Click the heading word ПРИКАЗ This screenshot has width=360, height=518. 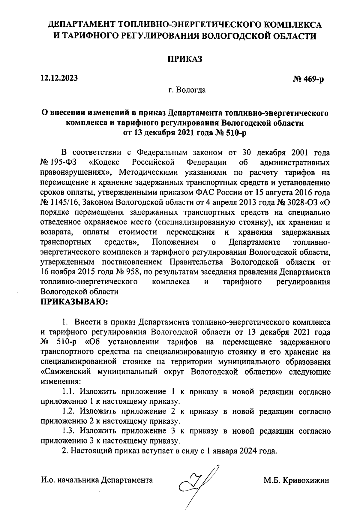(x=185, y=59)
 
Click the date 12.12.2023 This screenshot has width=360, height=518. (x=59, y=78)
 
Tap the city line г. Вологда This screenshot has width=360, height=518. (x=187, y=90)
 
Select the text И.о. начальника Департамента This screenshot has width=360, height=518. (x=97, y=480)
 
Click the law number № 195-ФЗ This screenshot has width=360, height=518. (x=58, y=163)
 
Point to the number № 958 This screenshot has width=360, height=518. (x=128, y=272)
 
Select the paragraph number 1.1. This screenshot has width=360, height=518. (x=69, y=392)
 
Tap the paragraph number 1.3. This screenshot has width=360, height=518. (x=69, y=431)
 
